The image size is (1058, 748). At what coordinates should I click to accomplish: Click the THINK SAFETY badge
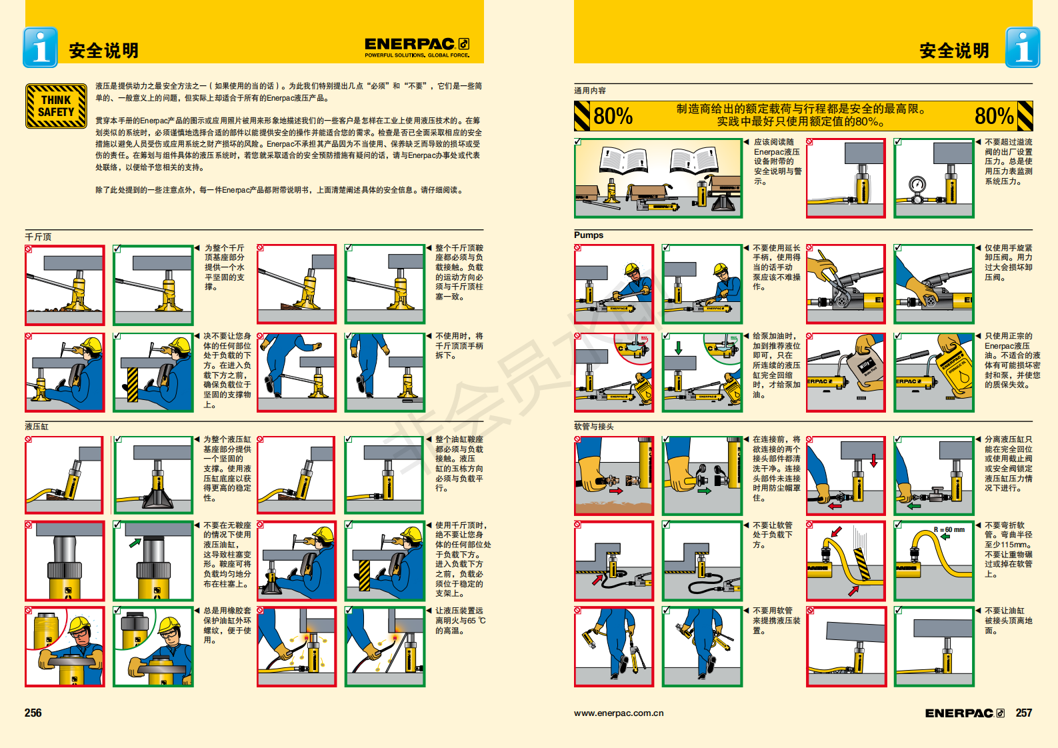(x=56, y=106)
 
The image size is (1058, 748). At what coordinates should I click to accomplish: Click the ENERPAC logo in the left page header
(x=417, y=46)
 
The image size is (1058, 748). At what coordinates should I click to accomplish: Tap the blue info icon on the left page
(x=40, y=47)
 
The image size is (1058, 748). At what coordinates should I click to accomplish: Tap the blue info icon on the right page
(x=1022, y=47)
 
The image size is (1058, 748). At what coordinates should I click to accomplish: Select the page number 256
(x=33, y=713)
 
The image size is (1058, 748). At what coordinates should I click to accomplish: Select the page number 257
(x=1023, y=713)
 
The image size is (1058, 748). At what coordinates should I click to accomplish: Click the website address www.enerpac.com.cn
(x=619, y=713)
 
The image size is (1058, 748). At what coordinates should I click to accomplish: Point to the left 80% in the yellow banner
(x=613, y=116)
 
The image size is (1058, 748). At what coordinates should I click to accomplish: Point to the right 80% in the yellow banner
(x=993, y=116)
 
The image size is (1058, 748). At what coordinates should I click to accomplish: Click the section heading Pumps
(x=589, y=235)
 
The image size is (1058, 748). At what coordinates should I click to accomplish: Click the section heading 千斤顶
(x=38, y=237)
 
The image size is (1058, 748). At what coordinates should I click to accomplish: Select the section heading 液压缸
(x=37, y=426)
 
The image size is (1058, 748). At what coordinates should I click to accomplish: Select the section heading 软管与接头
(x=594, y=426)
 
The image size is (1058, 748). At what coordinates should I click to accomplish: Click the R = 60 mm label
(x=949, y=530)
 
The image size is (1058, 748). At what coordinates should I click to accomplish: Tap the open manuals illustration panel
(x=658, y=178)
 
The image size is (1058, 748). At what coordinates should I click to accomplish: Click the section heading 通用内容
(x=590, y=91)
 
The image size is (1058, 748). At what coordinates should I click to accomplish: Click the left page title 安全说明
(x=103, y=51)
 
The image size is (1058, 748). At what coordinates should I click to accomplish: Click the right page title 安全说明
(x=954, y=51)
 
